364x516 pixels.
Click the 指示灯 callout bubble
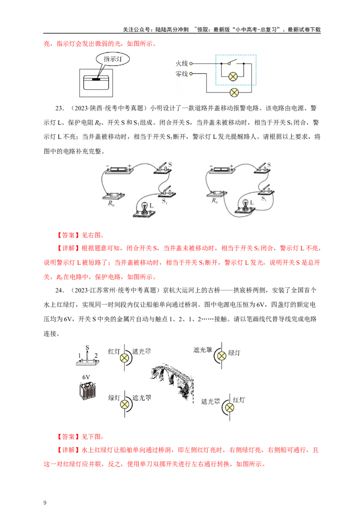(113, 59)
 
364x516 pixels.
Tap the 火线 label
(182, 63)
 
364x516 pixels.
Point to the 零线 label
(182, 74)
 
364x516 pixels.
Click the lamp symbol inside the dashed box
(233, 77)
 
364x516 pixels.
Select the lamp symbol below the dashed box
(234, 93)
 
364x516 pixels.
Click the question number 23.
(59, 108)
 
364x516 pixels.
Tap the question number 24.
(59, 290)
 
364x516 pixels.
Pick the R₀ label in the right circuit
(214, 201)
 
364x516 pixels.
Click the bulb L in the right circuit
(245, 205)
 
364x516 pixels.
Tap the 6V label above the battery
(86, 377)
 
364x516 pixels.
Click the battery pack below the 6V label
(88, 391)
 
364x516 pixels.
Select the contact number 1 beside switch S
(80, 356)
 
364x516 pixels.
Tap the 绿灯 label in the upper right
(234, 353)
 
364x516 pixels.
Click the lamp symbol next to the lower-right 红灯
(230, 408)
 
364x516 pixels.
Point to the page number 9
(45, 503)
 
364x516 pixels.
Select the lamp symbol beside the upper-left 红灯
(125, 358)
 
